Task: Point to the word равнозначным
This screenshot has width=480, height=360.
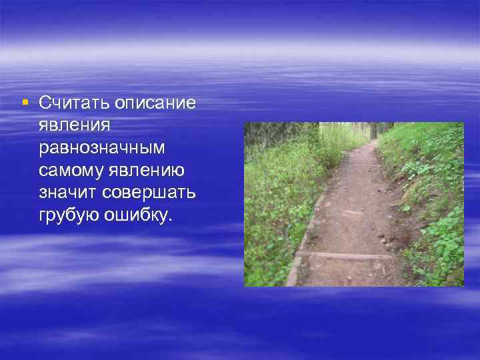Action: (101, 148)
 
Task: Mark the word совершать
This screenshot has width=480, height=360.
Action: (150, 193)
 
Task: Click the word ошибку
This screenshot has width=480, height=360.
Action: (140, 216)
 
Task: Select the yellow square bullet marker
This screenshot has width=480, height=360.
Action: (25, 103)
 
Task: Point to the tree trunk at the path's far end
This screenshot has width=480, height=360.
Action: (373, 130)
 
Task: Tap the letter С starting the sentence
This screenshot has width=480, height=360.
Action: (45, 103)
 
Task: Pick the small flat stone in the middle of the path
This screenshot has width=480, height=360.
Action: (354, 213)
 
